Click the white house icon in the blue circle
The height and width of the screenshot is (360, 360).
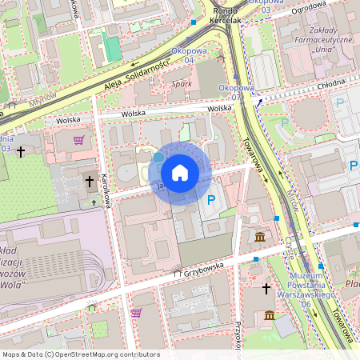click(x=180, y=172)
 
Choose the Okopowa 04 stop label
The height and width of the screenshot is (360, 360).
click(x=190, y=55)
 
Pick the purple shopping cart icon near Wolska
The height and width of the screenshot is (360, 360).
click(x=78, y=140)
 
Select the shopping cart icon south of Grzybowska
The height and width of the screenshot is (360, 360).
click(x=136, y=312)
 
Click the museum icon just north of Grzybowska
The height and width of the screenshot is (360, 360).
click(x=261, y=237)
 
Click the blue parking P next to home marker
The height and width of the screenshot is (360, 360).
click(x=211, y=199)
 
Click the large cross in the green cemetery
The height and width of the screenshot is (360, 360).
click(x=21, y=150)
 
